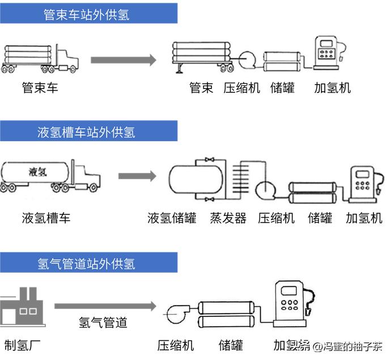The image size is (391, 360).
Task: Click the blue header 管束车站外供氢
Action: tap(88, 14)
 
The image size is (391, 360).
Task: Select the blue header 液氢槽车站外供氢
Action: tap(88, 132)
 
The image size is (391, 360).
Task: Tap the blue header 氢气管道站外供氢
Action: tap(88, 263)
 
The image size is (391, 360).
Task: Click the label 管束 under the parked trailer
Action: tap(201, 88)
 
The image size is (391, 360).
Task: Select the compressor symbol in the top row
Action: tap(248, 59)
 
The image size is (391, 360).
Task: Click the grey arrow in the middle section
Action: tap(137, 176)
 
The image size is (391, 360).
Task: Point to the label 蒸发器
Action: tap(228, 218)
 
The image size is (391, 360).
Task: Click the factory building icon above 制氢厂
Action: tap(22, 308)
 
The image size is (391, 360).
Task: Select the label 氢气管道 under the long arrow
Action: tap(103, 323)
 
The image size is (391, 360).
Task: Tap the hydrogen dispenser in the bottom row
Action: tap(291, 303)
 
